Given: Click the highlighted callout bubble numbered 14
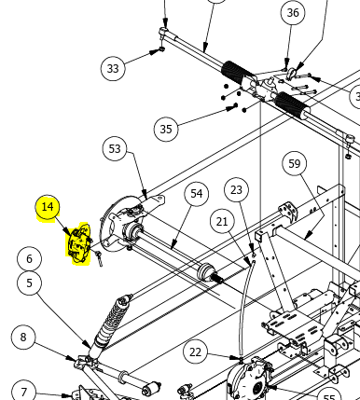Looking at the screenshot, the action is (x=48, y=207).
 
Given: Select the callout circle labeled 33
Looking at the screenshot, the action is (x=113, y=68).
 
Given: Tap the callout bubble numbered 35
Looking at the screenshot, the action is (x=166, y=129).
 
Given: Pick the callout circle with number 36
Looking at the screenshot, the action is (x=293, y=13).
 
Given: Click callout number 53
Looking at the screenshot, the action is (x=115, y=148).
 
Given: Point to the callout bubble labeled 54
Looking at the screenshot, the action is (x=197, y=194).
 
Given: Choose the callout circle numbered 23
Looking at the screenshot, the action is (x=236, y=189).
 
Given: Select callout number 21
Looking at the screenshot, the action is (x=222, y=222).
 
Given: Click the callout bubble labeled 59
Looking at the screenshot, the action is (x=295, y=163).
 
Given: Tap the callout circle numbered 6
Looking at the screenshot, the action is (x=29, y=258).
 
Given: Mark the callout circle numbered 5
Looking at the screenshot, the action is (x=29, y=283).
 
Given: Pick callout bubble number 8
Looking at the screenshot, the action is (x=23, y=338).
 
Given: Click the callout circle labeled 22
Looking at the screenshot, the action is (x=195, y=352).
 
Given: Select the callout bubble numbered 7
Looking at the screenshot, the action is (x=23, y=393).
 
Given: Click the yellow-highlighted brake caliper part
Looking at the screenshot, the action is (x=79, y=243).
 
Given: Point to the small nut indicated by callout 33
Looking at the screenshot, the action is (x=161, y=49).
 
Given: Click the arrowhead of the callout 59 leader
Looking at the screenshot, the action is (x=308, y=236).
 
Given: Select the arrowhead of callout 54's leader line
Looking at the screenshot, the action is (x=174, y=245).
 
